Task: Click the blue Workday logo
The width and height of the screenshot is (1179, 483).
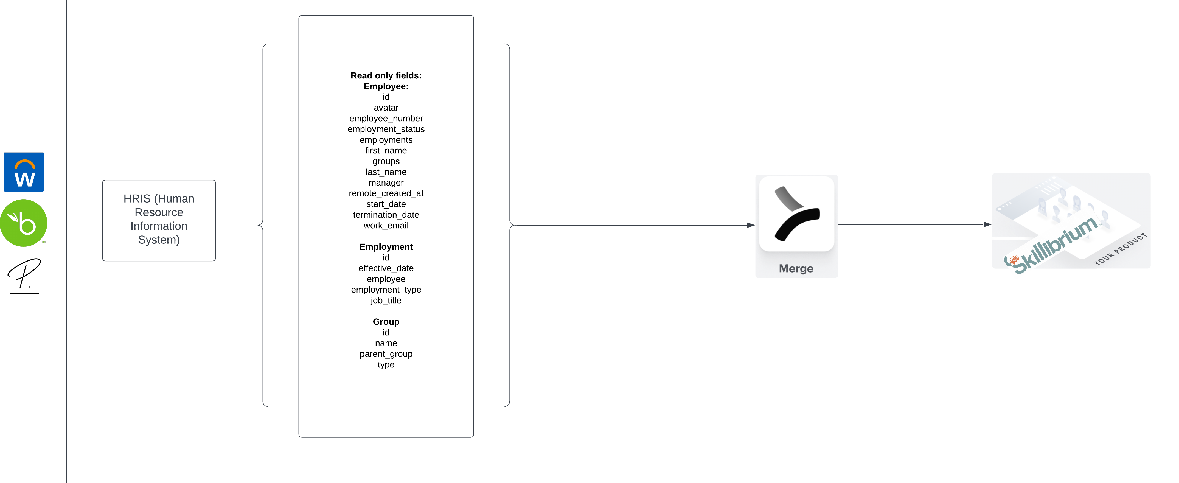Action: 24,172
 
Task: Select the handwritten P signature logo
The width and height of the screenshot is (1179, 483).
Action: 24,275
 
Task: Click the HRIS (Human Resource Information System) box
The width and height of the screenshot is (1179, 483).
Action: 159,220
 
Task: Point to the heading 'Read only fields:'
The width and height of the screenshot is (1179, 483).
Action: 386,75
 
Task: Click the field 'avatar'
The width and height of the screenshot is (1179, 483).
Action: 386,108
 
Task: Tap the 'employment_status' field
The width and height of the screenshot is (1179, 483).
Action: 386,129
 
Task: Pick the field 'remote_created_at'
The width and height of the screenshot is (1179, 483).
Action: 386,193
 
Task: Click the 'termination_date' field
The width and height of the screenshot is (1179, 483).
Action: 386,215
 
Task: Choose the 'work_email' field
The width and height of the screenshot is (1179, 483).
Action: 386,225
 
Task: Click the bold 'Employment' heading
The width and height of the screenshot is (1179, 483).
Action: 386,247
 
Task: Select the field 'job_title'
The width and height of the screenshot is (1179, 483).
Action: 386,300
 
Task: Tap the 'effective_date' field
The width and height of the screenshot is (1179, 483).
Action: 386,268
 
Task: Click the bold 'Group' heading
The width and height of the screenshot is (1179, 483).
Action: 386,322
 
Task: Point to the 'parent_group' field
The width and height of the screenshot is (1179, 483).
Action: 386,354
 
